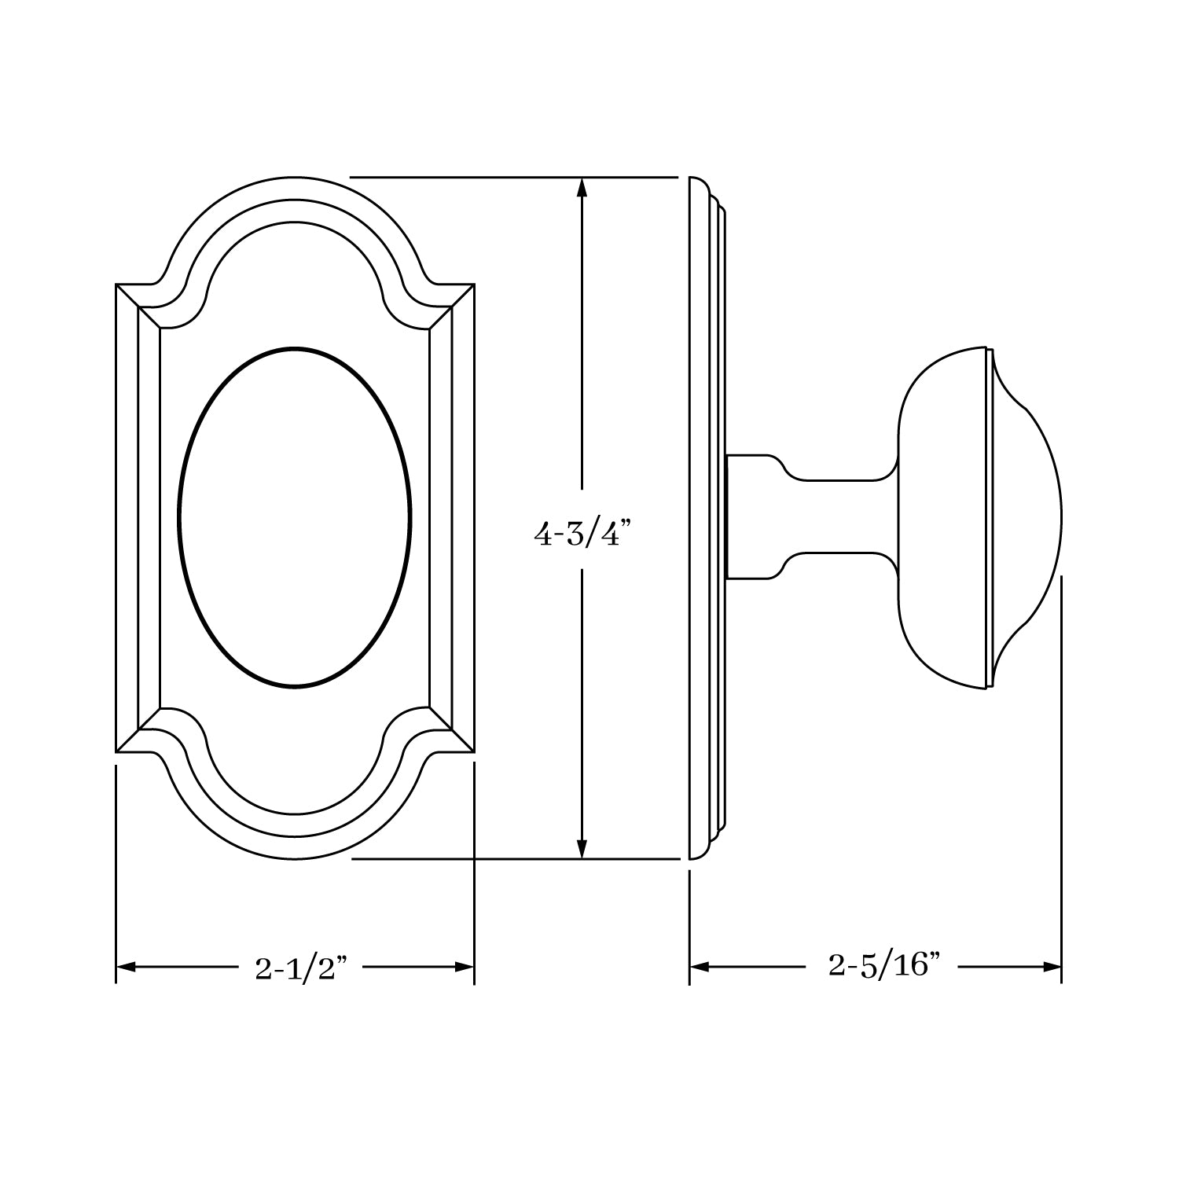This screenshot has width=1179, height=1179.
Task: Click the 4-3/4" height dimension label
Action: (x=582, y=535)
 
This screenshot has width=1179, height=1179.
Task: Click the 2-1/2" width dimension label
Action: (x=301, y=968)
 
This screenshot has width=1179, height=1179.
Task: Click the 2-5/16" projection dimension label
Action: (x=884, y=965)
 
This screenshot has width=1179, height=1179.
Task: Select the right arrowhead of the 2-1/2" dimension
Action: (x=465, y=967)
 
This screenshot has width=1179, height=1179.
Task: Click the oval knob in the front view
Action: (x=295, y=517)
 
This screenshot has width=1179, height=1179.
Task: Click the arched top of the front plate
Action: (x=295, y=189)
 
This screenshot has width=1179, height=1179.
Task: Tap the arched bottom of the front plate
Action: (x=295, y=847)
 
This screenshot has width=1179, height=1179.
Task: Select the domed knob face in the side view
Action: (x=1030, y=517)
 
